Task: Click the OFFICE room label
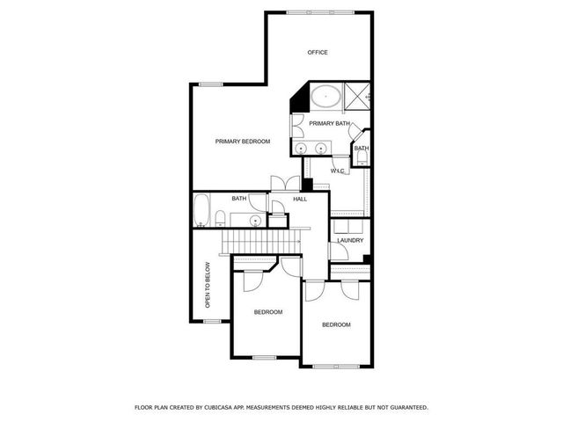318,53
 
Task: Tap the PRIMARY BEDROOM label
243,142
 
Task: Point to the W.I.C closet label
339,170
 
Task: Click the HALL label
299,200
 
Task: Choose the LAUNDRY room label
350,240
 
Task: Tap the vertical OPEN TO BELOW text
208,287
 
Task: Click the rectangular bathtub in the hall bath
201,211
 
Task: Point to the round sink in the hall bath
256,220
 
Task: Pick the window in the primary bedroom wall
210,84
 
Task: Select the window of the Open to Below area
211,320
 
